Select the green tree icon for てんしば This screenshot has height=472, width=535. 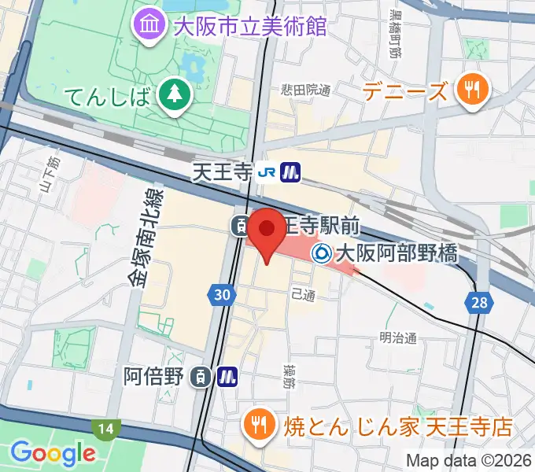(x=171, y=94)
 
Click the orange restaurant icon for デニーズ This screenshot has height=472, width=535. (x=472, y=90)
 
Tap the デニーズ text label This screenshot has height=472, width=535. (x=407, y=92)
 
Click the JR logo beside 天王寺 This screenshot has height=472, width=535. (x=269, y=171)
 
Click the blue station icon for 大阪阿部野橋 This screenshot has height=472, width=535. (x=322, y=253)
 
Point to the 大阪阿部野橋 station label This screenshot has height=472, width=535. (x=396, y=253)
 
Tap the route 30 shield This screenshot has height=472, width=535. (x=223, y=295)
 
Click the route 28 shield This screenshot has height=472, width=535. (x=478, y=301)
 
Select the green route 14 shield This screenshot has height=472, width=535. (x=104, y=430)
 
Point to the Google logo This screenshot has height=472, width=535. (x=53, y=452)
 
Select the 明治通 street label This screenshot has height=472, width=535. (x=397, y=337)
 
